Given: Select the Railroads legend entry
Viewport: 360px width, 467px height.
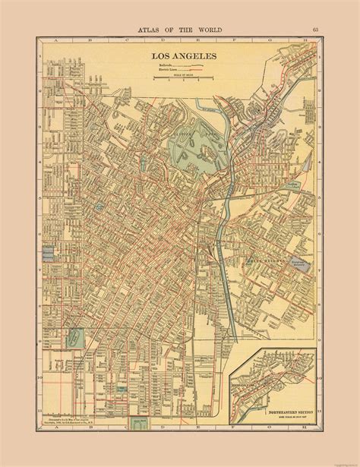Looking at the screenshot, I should (x=164, y=66).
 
